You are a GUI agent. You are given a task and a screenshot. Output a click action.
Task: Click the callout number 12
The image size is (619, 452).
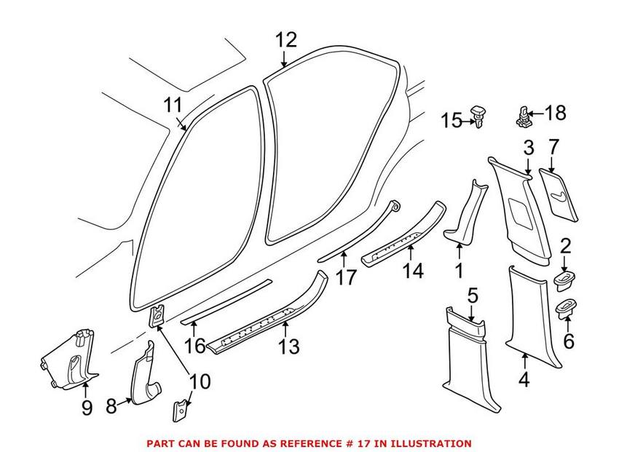[287, 39]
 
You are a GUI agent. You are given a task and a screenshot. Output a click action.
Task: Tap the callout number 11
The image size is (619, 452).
[173, 106]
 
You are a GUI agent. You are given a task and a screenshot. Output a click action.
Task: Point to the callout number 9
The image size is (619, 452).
[87, 408]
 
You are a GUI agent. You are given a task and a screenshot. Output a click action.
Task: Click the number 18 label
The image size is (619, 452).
[555, 113]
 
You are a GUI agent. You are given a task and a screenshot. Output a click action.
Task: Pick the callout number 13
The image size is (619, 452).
[289, 346]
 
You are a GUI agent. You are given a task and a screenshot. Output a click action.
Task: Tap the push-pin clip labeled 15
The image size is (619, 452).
[478, 116]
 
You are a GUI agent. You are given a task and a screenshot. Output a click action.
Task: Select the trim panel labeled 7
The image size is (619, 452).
[559, 192]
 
